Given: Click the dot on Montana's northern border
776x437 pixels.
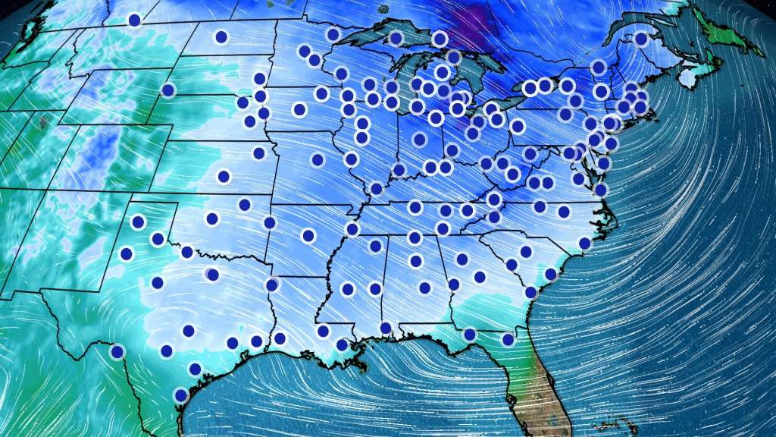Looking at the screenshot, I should coord(134,20).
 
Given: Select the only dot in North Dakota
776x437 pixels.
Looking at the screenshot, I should coord(221,36).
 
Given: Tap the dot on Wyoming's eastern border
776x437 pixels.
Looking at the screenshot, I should coord(167,90).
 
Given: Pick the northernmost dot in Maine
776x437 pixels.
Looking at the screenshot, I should coord(641,39).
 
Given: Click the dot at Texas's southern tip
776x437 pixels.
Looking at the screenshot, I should coord(180,395).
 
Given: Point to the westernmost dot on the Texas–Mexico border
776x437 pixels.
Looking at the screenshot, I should coord(117,351).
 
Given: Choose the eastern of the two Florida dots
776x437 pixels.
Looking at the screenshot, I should coord(508,339).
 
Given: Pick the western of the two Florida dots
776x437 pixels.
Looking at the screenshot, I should coord(470,335).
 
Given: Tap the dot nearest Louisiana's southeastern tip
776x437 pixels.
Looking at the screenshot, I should coord(342,344).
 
